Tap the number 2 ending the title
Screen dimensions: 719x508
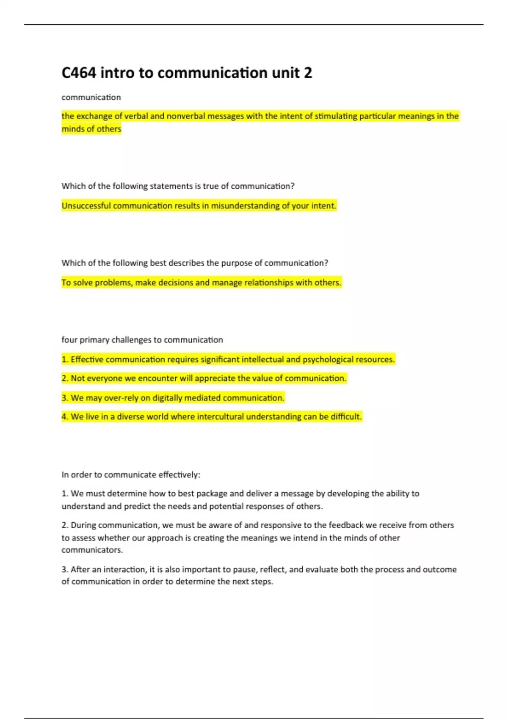tap(308, 73)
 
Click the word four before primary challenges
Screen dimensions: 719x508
tap(69, 340)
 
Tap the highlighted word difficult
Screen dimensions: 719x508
tap(346, 417)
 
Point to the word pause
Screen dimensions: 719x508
tap(244, 569)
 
